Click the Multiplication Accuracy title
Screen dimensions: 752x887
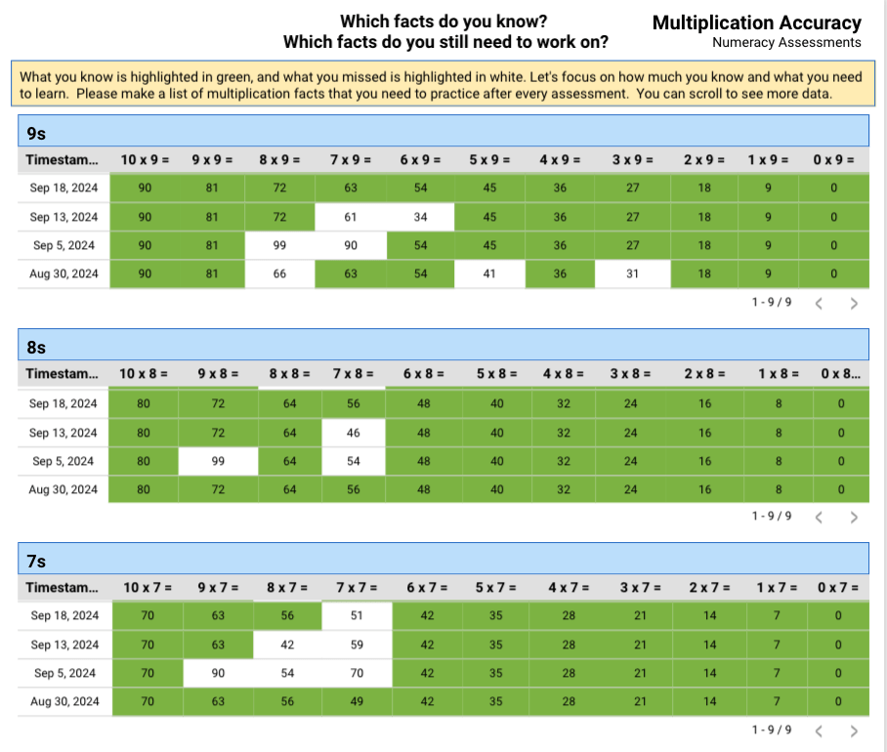[x=756, y=23]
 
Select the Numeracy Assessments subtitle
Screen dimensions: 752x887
[x=786, y=43]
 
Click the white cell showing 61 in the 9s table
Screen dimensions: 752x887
[x=350, y=217]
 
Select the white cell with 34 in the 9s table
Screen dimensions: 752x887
[x=420, y=217]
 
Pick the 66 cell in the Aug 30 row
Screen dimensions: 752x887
[x=279, y=274]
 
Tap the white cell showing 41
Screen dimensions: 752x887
[x=489, y=274]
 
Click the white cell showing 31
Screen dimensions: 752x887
[x=632, y=274]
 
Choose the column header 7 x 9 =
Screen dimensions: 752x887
[x=350, y=159]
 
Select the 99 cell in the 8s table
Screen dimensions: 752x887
[x=218, y=461]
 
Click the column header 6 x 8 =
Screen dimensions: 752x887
[x=424, y=373]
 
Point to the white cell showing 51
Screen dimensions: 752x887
[x=357, y=616]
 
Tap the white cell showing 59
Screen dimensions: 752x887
[x=357, y=645]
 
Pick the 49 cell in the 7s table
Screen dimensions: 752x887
[x=357, y=701]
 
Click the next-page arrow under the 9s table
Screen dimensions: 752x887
[x=854, y=303]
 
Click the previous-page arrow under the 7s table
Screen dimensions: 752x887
[x=819, y=731]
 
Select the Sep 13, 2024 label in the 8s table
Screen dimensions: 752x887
[x=63, y=433]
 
